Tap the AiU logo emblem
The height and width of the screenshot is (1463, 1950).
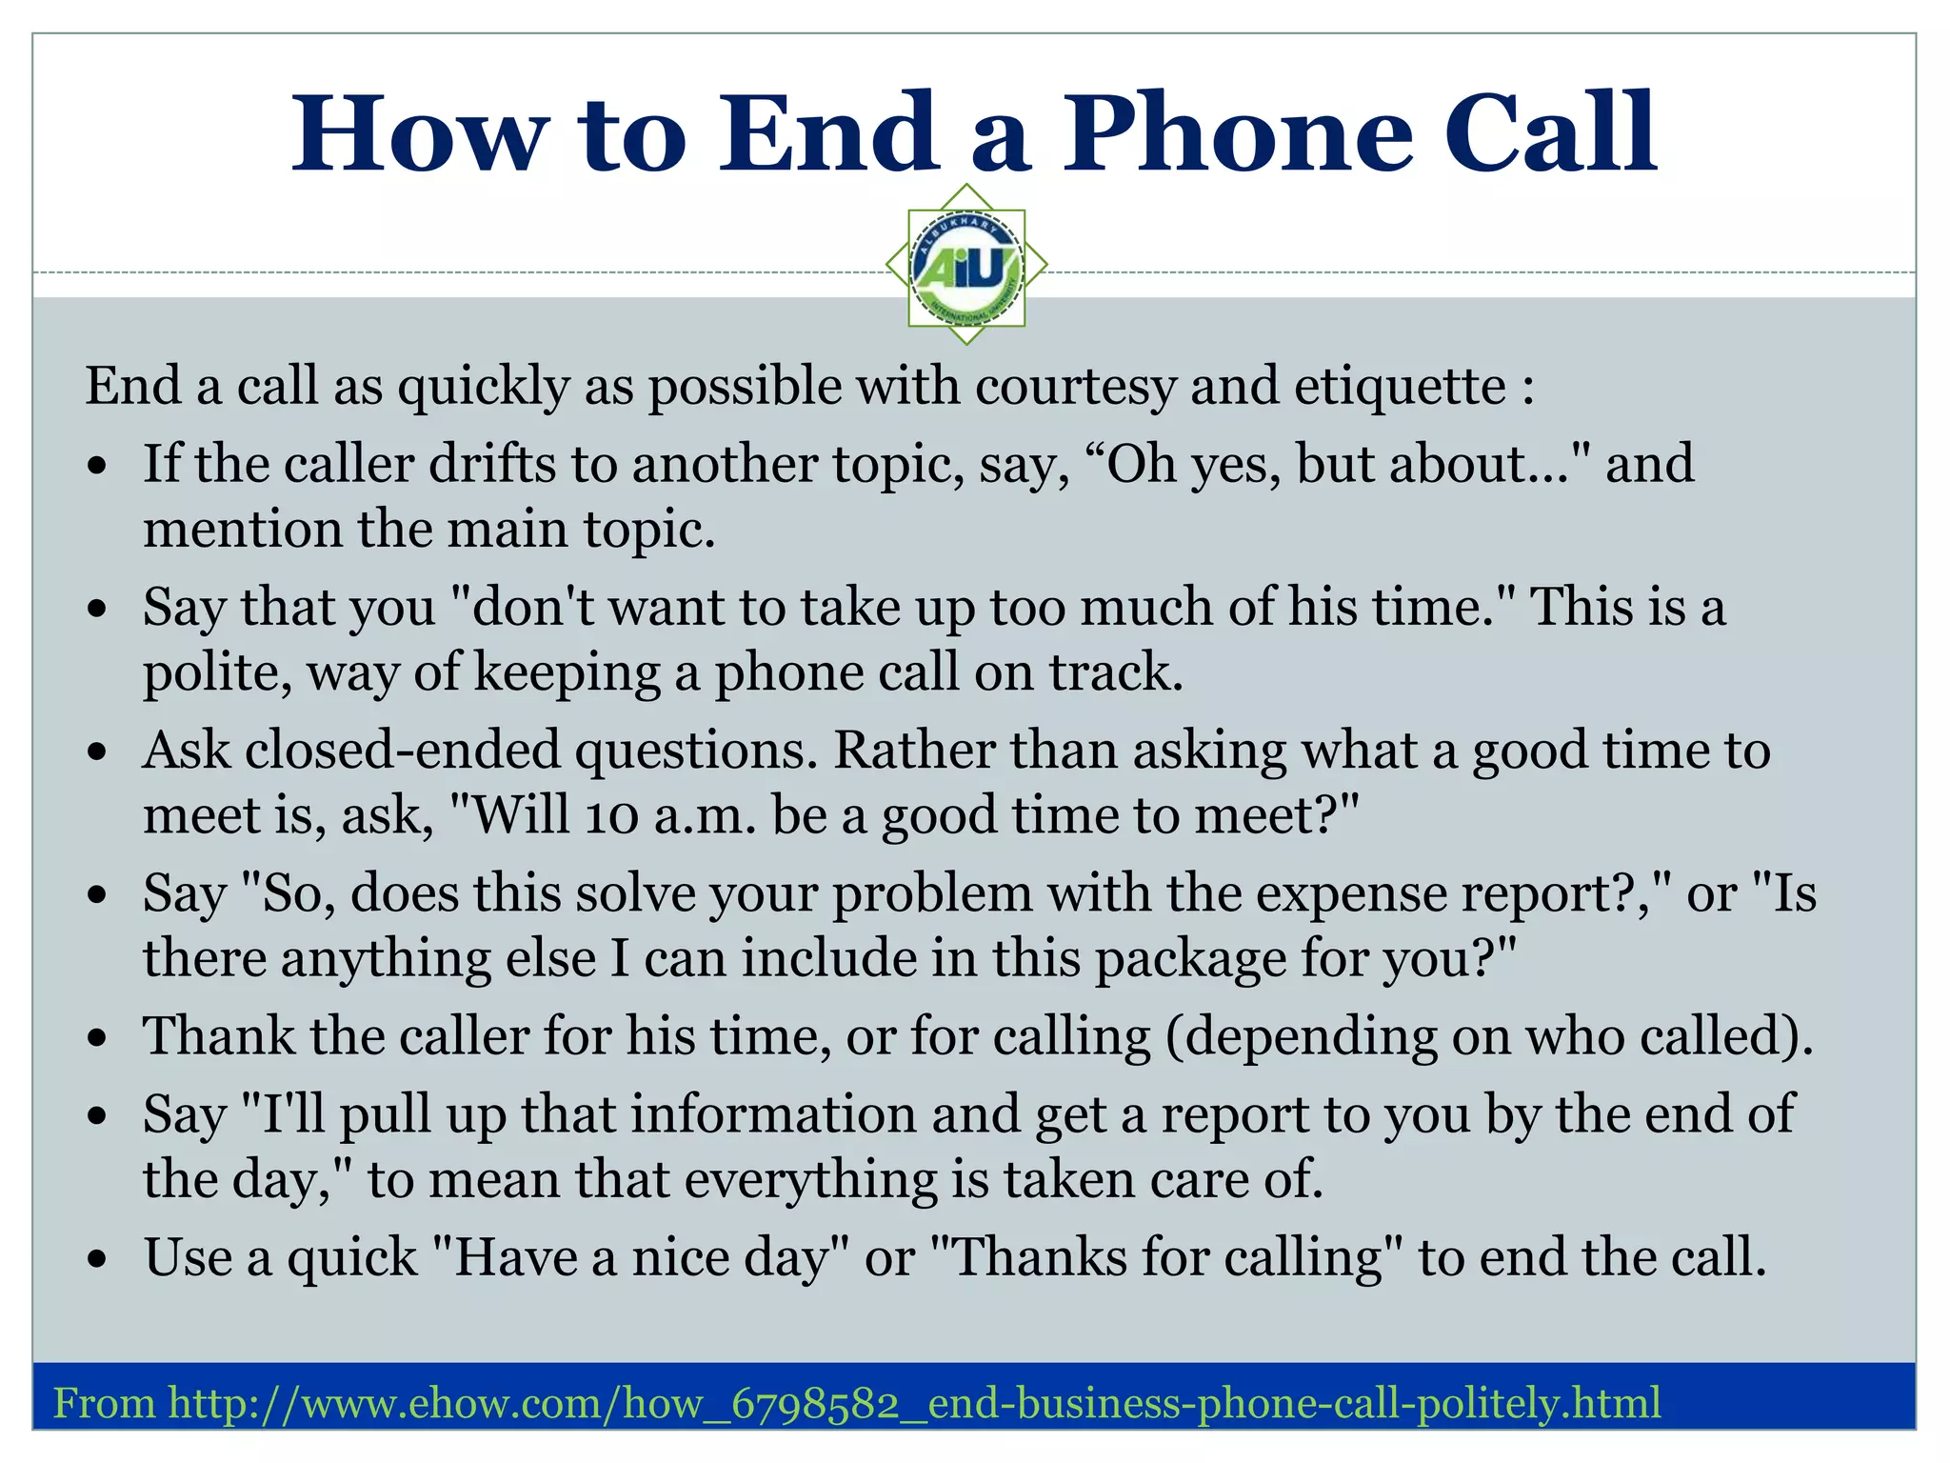[966, 266]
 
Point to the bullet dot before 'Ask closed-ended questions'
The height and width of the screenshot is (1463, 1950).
[97, 752]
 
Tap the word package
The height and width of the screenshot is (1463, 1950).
[1190, 959]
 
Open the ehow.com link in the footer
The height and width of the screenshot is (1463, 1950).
[914, 1403]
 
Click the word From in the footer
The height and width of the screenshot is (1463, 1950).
[104, 1403]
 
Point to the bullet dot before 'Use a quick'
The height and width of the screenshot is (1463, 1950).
[97, 1259]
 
